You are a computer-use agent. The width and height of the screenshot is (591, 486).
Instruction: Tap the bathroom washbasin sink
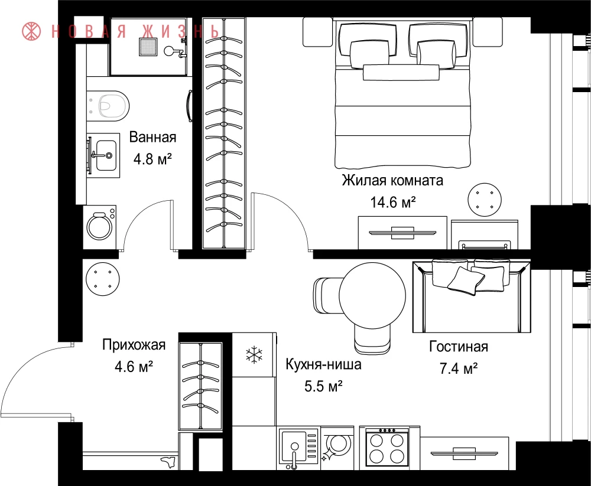pos(106,155)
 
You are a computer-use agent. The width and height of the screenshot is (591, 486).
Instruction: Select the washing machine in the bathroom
pos(99,227)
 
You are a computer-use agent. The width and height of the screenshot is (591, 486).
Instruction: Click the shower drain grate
pos(148,47)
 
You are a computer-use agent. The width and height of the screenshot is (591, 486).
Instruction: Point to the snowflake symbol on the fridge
pos(254,355)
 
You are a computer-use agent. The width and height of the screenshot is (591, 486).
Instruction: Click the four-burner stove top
pos(387,448)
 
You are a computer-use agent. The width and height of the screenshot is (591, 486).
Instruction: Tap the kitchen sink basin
pos(294,448)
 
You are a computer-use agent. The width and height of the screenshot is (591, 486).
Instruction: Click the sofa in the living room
pos(472,297)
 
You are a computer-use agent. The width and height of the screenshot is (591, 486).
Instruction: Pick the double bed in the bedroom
pos(403,94)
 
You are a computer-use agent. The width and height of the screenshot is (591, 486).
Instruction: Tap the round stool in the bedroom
pos(485,200)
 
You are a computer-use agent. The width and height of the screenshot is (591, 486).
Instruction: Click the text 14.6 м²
pos(393,203)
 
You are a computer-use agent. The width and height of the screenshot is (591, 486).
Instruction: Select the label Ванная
pos(152,137)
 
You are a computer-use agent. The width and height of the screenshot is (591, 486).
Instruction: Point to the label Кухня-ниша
pos(323,364)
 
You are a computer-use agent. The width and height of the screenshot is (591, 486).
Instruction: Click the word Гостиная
pos(459,346)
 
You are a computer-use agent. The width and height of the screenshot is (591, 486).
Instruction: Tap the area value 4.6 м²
pos(134,366)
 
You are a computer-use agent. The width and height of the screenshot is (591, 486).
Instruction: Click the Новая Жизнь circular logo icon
pos(31,31)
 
